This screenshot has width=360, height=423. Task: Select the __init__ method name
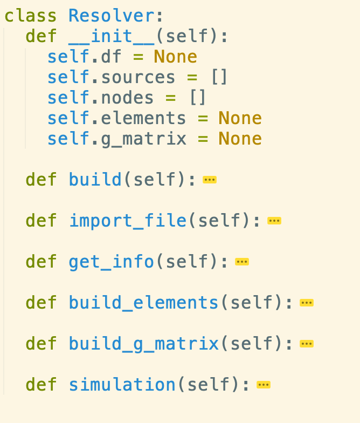click(112, 36)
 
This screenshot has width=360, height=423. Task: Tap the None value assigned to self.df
click(175, 57)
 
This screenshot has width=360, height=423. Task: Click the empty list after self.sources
click(219, 77)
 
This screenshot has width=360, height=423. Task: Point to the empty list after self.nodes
click(197, 98)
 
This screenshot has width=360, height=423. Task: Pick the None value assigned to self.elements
click(240, 118)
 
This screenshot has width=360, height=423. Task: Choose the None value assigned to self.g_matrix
click(240, 139)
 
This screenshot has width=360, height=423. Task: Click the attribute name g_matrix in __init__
click(143, 139)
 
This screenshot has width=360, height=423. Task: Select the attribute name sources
click(138, 77)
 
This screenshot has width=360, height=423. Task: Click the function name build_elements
click(143, 303)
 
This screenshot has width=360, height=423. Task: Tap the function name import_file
click(127, 221)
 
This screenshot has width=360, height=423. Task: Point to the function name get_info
click(112, 262)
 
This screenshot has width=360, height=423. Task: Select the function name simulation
click(122, 385)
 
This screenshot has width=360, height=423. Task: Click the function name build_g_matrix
click(143, 344)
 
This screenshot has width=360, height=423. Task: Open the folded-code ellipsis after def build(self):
click(210, 180)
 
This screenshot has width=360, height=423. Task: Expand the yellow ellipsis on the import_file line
click(274, 221)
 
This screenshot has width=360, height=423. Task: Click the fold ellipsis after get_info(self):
click(242, 262)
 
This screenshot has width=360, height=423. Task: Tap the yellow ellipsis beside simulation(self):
click(263, 385)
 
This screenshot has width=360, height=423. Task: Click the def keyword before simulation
click(41, 385)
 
